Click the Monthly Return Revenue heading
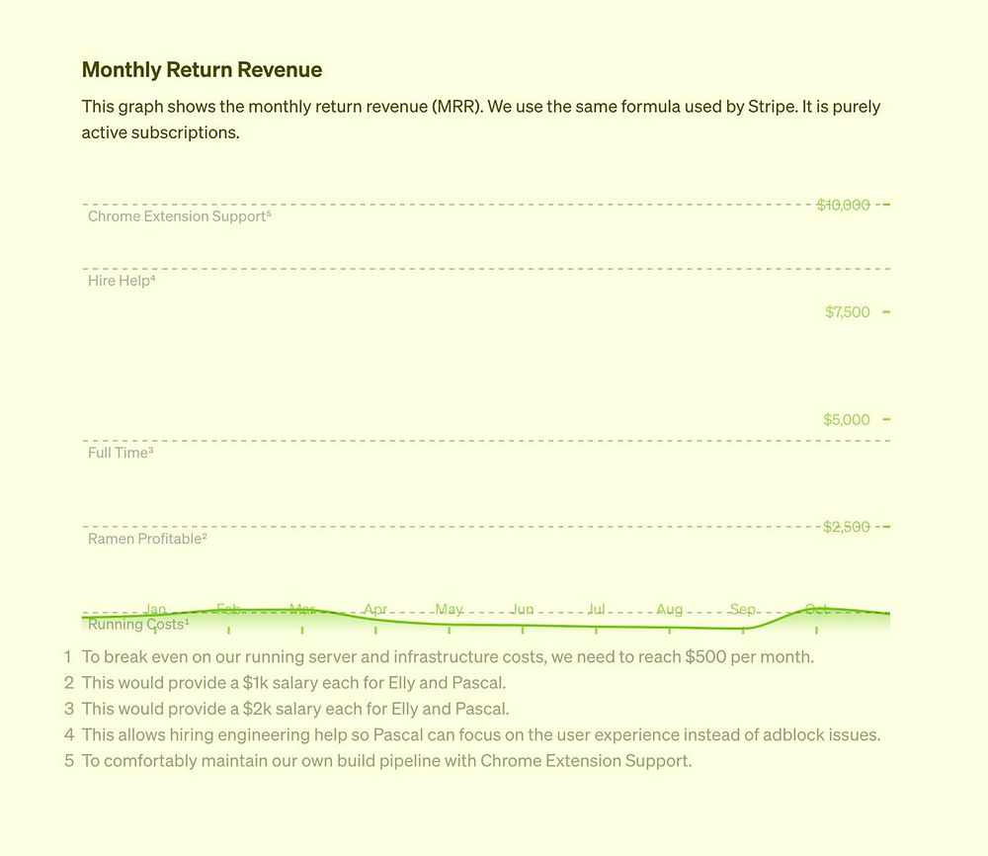click(202, 69)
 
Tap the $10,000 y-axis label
click(843, 205)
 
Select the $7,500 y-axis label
click(848, 312)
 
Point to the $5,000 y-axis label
click(847, 420)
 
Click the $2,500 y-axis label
click(847, 527)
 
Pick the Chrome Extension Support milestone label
click(179, 216)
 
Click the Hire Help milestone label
click(122, 281)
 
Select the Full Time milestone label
click(120, 453)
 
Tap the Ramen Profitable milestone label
click(146, 539)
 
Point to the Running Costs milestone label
click(137, 625)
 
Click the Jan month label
click(155, 609)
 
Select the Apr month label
click(375, 609)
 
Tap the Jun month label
click(523, 609)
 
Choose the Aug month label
click(669, 609)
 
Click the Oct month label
click(816, 609)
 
